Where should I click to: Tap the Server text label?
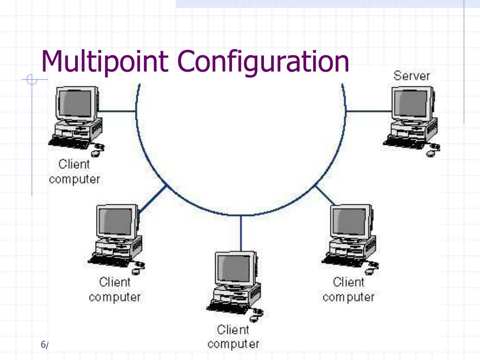412,75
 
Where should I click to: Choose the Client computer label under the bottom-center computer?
233,337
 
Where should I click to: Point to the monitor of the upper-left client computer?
74,104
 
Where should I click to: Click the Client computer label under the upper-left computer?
75,172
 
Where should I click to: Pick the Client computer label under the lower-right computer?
349,289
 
